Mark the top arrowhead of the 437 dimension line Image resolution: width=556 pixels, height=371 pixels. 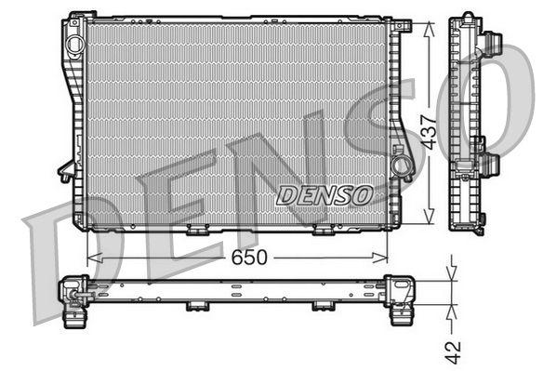[x=428, y=25]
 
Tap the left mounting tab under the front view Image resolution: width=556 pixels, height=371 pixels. [x=197, y=229]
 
